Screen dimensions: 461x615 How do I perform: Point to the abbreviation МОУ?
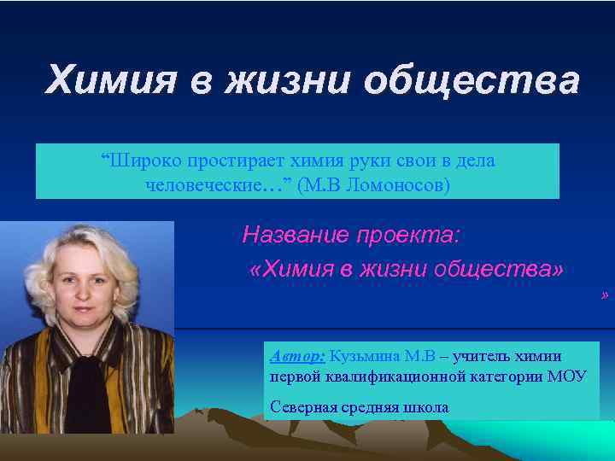point(568,376)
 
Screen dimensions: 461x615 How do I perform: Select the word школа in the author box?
point(424,407)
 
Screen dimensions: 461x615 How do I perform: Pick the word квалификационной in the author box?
point(397,376)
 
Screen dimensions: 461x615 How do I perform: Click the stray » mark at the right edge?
point(605,295)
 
